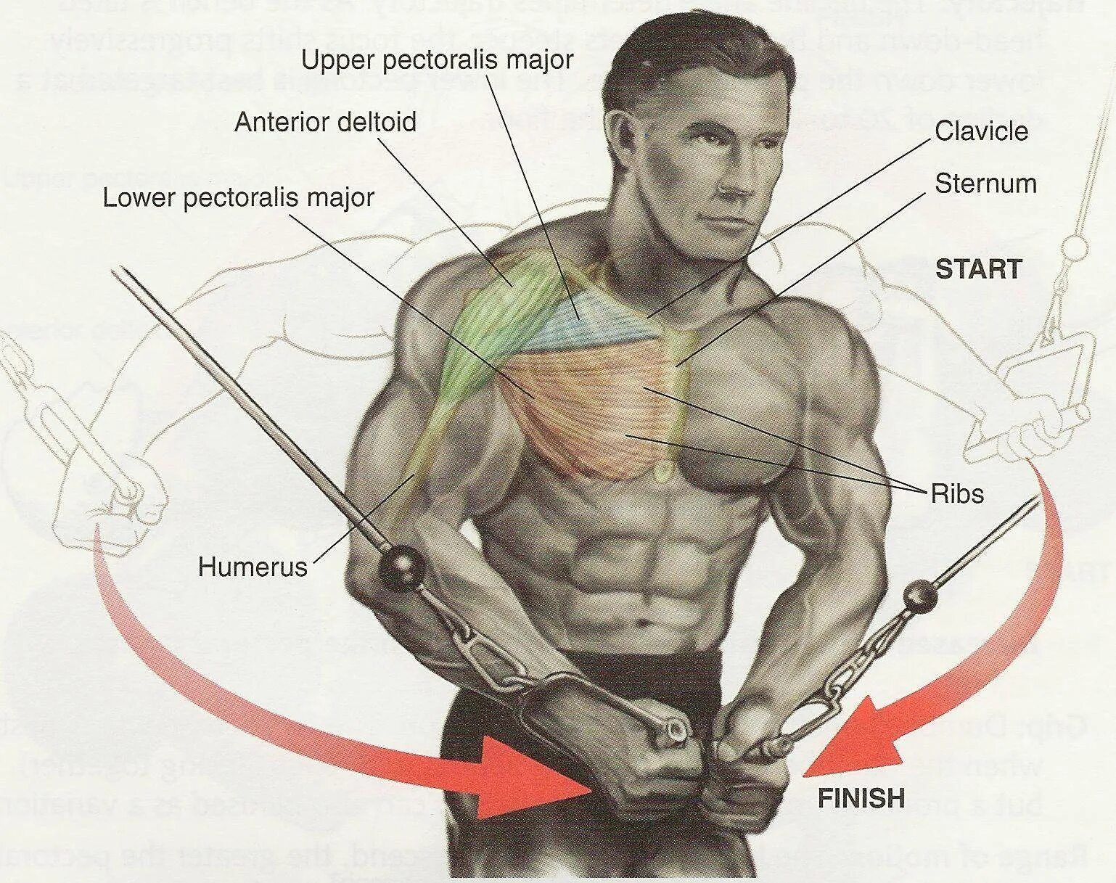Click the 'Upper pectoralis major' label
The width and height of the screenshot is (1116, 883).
[438, 60]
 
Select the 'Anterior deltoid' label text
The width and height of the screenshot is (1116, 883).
[325, 122]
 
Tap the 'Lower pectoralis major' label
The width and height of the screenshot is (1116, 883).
[238, 197]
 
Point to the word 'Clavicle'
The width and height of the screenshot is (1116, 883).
[981, 131]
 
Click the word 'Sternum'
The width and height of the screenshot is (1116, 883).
[985, 184]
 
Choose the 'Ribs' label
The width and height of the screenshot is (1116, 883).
[957, 494]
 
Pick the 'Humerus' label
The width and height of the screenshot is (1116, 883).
[253, 567]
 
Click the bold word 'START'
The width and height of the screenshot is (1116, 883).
[978, 270]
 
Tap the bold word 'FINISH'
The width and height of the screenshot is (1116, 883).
[861, 799]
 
